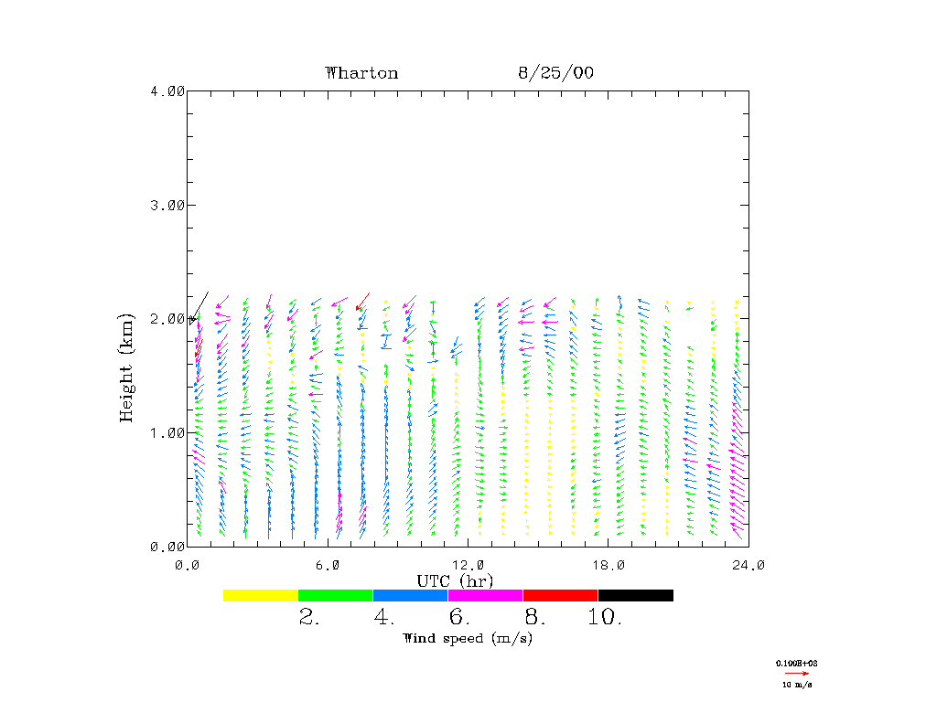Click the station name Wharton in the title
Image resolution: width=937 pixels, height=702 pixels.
point(361,73)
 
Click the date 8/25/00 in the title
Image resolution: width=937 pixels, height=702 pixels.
point(555,73)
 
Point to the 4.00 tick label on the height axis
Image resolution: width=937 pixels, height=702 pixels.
point(167,90)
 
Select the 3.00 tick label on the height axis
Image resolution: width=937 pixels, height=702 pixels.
point(167,205)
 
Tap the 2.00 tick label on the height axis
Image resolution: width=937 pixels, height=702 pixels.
point(167,318)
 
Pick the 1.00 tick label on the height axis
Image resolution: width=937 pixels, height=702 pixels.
point(167,432)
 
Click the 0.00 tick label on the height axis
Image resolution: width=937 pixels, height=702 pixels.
point(167,547)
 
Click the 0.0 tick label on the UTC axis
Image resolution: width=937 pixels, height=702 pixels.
point(187,565)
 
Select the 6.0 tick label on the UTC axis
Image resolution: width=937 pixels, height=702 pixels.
point(327,565)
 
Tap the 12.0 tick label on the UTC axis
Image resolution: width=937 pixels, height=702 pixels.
point(468,565)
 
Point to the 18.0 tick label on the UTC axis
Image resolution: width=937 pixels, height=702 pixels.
point(609,565)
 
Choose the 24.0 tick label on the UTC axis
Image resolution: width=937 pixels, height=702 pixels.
point(749,565)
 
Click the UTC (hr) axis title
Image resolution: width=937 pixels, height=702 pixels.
point(456,581)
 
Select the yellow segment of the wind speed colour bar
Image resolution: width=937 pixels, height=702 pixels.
point(261,595)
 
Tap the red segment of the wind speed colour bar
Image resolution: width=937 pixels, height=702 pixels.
point(560,595)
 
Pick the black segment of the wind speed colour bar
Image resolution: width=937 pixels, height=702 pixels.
point(635,595)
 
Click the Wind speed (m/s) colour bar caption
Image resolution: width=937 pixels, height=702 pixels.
point(468,638)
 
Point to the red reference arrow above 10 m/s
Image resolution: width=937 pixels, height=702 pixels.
point(798,673)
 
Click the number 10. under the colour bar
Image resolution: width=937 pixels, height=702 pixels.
point(605,618)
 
